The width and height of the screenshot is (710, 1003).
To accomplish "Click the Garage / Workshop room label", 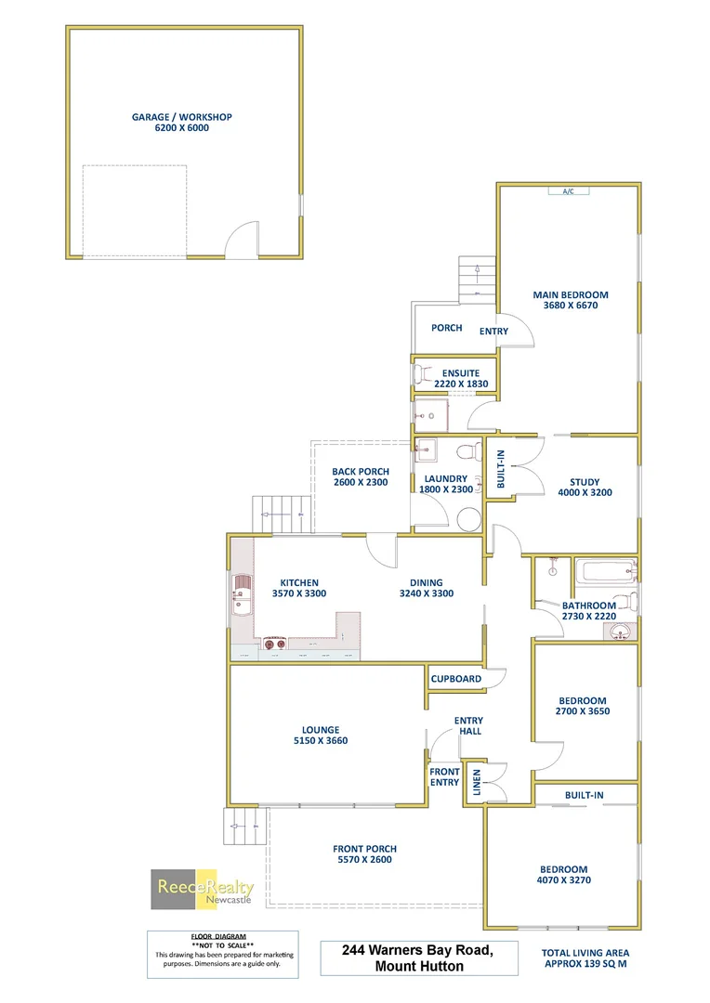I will pos(181,117).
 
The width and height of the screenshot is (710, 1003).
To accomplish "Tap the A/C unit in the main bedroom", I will pos(568,191).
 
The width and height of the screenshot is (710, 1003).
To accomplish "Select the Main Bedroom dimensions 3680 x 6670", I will pos(571,305).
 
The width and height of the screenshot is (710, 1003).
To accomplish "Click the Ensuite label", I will pos(461,373).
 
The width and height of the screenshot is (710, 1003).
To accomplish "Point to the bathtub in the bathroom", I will pos(605,572).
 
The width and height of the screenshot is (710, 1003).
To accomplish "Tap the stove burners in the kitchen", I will pos(273,642).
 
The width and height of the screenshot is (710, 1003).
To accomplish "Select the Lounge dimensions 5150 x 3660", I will pos(322,741).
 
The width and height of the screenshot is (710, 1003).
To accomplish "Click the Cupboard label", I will pos(456,679).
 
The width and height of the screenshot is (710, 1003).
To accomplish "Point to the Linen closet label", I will pos(477,783).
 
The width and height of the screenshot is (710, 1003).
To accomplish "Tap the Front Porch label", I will pos(364,849).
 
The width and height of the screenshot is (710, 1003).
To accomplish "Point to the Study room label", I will pos(585,482).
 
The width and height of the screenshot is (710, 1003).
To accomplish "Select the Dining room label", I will pos(427,583).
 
